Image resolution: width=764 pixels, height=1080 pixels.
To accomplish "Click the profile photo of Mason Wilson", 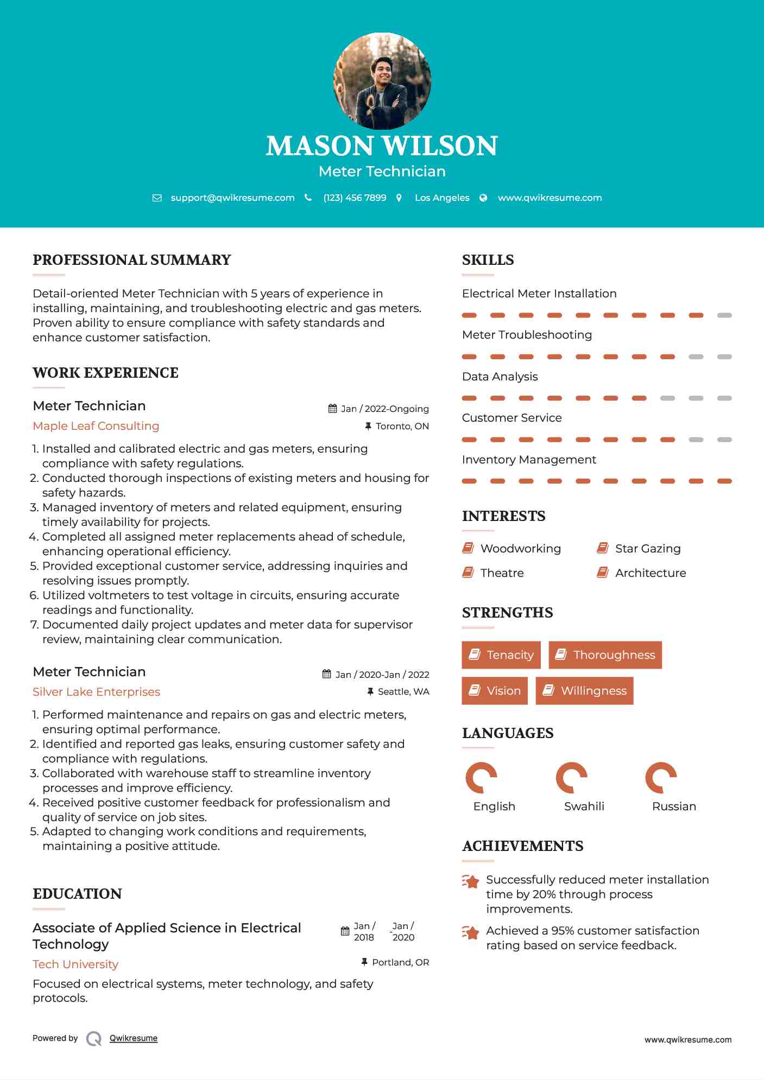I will [x=382, y=81].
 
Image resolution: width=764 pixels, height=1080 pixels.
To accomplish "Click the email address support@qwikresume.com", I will [x=232, y=198].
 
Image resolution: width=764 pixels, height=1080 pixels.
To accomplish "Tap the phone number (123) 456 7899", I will [x=355, y=198].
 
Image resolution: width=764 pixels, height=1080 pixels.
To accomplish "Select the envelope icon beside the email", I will [x=157, y=198].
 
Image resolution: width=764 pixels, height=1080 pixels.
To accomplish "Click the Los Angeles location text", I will [x=442, y=198].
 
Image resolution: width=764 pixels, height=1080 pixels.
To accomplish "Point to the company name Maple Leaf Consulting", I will [x=96, y=426].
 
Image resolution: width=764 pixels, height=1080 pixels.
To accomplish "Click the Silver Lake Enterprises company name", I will [x=96, y=692].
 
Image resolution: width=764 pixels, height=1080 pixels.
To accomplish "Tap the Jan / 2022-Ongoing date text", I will [x=384, y=409].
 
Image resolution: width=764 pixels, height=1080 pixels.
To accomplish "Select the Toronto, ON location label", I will [x=402, y=426].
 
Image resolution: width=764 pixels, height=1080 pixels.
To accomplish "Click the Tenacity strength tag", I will [x=501, y=655].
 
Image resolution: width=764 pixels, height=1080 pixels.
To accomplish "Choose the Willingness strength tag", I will [x=584, y=691].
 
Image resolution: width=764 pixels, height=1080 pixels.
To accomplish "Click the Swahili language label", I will [x=584, y=806].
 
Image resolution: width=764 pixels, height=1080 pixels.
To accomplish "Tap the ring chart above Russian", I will [x=661, y=778].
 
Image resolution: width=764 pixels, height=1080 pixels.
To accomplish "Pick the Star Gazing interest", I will [x=647, y=549].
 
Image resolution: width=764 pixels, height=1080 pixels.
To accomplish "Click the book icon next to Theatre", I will [x=468, y=573].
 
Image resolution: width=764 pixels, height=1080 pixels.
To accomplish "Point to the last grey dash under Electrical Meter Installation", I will [x=724, y=315].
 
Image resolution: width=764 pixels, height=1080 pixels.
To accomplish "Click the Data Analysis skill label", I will [x=500, y=377].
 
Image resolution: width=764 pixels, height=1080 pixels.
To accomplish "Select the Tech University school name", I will [x=75, y=964].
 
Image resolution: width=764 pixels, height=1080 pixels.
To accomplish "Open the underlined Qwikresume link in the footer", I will [x=134, y=1038].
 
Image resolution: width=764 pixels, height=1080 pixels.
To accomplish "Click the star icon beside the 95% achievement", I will [x=470, y=933].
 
